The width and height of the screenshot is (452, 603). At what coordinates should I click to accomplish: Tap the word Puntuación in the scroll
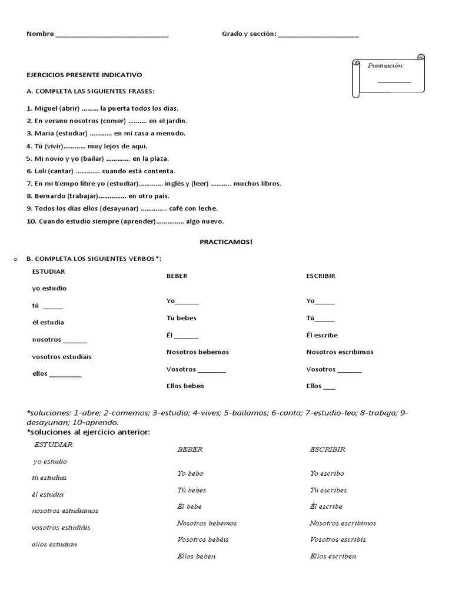click(385, 65)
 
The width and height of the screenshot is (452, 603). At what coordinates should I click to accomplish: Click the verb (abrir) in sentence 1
click(69, 108)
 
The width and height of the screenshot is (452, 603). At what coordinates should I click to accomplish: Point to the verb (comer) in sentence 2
click(113, 121)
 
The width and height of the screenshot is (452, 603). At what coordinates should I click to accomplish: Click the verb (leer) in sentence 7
click(200, 183)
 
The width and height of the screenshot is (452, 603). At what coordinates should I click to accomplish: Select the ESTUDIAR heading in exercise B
click(49, 271)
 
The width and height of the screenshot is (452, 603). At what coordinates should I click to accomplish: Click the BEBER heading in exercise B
click(177, 276)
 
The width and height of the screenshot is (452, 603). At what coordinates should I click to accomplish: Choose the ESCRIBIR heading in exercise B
click(321, 276)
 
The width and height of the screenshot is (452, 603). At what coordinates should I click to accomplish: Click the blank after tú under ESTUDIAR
click(53, 306)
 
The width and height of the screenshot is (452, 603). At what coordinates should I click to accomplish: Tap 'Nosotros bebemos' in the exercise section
click(198, 352)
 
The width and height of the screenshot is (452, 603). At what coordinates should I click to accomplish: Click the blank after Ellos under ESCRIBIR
click(329, 387)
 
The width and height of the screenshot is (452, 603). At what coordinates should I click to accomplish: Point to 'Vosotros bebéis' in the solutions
click(202, 539)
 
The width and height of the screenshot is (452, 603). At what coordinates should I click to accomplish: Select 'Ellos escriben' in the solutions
click(333, 556)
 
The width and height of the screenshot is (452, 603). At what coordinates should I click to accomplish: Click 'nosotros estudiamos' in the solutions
click(65, 511)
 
